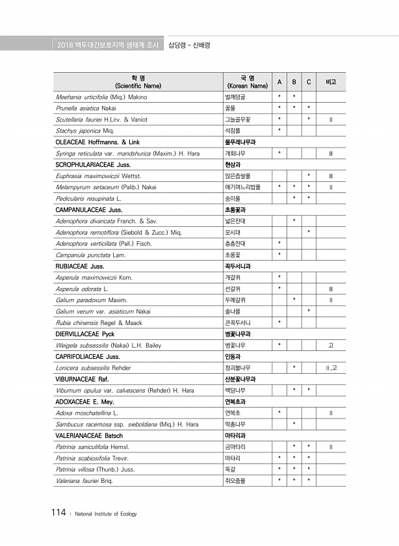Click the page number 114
coord(58,513)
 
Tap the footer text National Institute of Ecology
coord(106,514)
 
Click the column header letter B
coord(294,82)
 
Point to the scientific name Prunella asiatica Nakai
coord(86,108)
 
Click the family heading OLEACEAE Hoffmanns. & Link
coord(98,142)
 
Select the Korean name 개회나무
coord(235,153)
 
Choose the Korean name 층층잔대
coord(235,243)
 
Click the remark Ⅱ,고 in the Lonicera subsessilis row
coord(331,368)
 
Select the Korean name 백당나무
coord(235,391)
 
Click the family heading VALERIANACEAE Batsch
coord(89,435)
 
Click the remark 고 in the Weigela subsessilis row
coord(331,345)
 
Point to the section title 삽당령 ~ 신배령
coord(189,45)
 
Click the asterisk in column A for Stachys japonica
coord(279,130)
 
